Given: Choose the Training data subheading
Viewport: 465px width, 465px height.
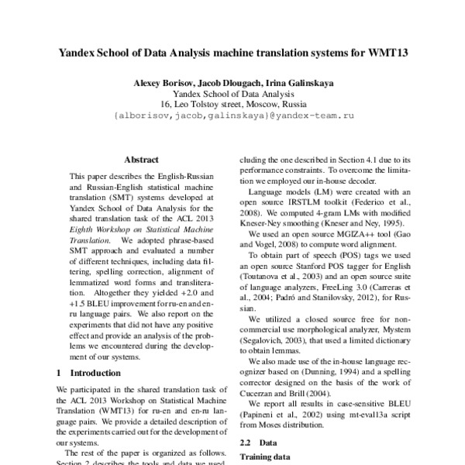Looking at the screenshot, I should (264, 457).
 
